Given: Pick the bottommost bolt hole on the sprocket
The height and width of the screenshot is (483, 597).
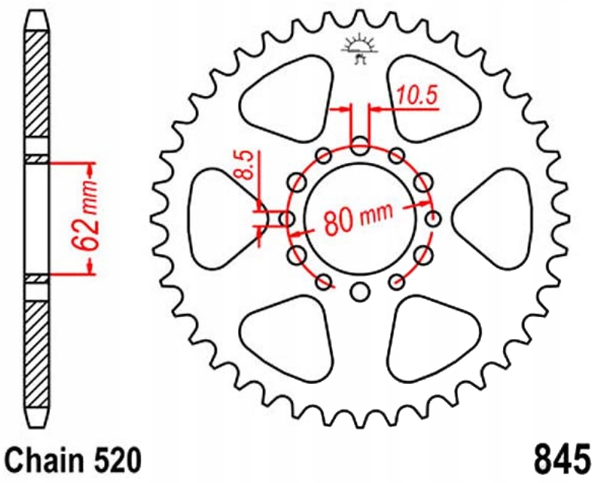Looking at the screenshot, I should (x=359, y=292).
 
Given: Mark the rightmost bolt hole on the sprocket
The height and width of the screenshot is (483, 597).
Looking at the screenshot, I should (x=433, y=219).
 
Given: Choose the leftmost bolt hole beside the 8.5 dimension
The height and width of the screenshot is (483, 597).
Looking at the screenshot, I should (x=286, y=219).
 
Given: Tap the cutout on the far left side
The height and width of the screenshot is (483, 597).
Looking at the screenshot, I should (x=220, y=218).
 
